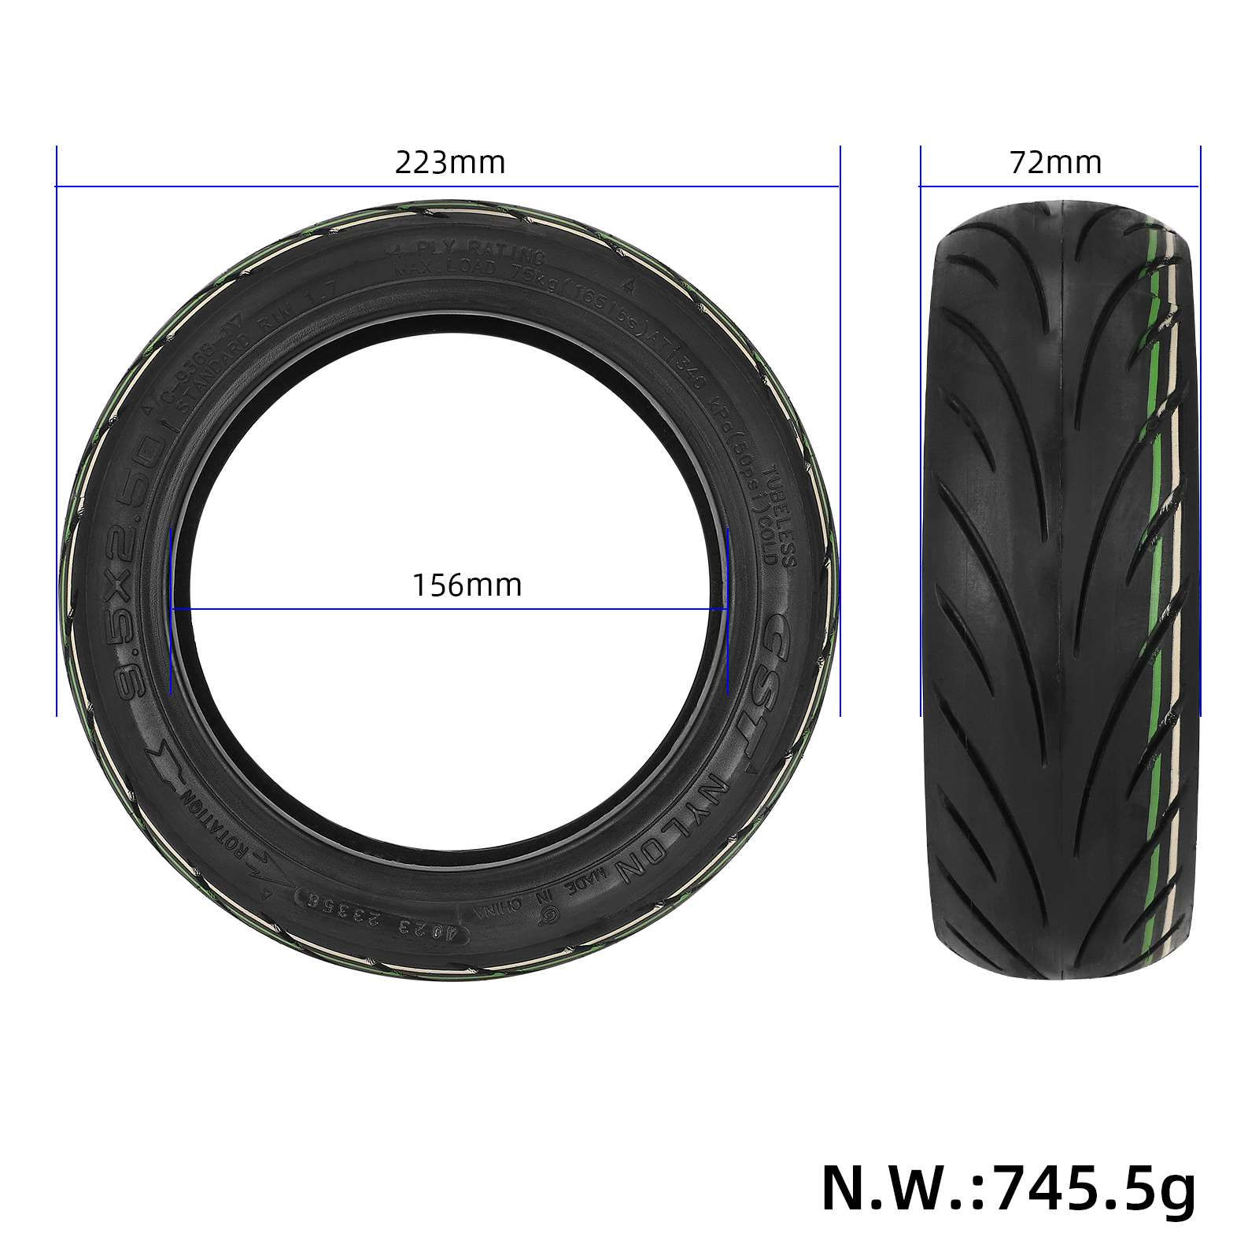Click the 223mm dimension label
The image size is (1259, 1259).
click(449, 163)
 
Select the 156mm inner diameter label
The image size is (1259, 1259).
click(467, 585)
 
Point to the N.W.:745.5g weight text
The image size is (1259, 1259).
click(1008, 1189)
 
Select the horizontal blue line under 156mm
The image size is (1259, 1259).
click(449, 608)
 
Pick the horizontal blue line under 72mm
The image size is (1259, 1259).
click(1059, 186)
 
